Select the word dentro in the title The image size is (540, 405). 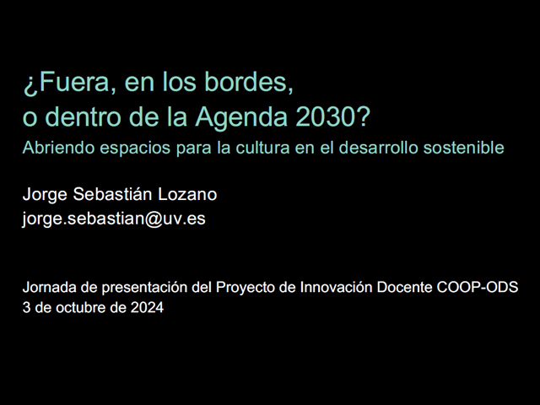pos(83,116)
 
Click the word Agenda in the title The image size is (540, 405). pos(241,118)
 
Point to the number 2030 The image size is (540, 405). pos(326,116)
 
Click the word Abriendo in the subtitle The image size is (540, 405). pos(58,148)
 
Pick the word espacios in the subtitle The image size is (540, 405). pos(135,148)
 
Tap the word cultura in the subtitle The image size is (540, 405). pos(262,148)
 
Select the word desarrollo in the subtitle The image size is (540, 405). pos(379,148)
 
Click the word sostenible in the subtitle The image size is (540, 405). pos(463,148)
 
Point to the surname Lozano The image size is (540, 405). pos(187,194)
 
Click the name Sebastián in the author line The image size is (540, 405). pos(112,193)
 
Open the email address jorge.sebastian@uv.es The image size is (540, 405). pos(114,219)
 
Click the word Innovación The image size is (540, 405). pos(336,287)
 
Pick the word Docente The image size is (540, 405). pos(404,287)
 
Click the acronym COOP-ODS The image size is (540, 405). pos(478,287)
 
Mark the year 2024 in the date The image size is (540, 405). pos(147,307)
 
